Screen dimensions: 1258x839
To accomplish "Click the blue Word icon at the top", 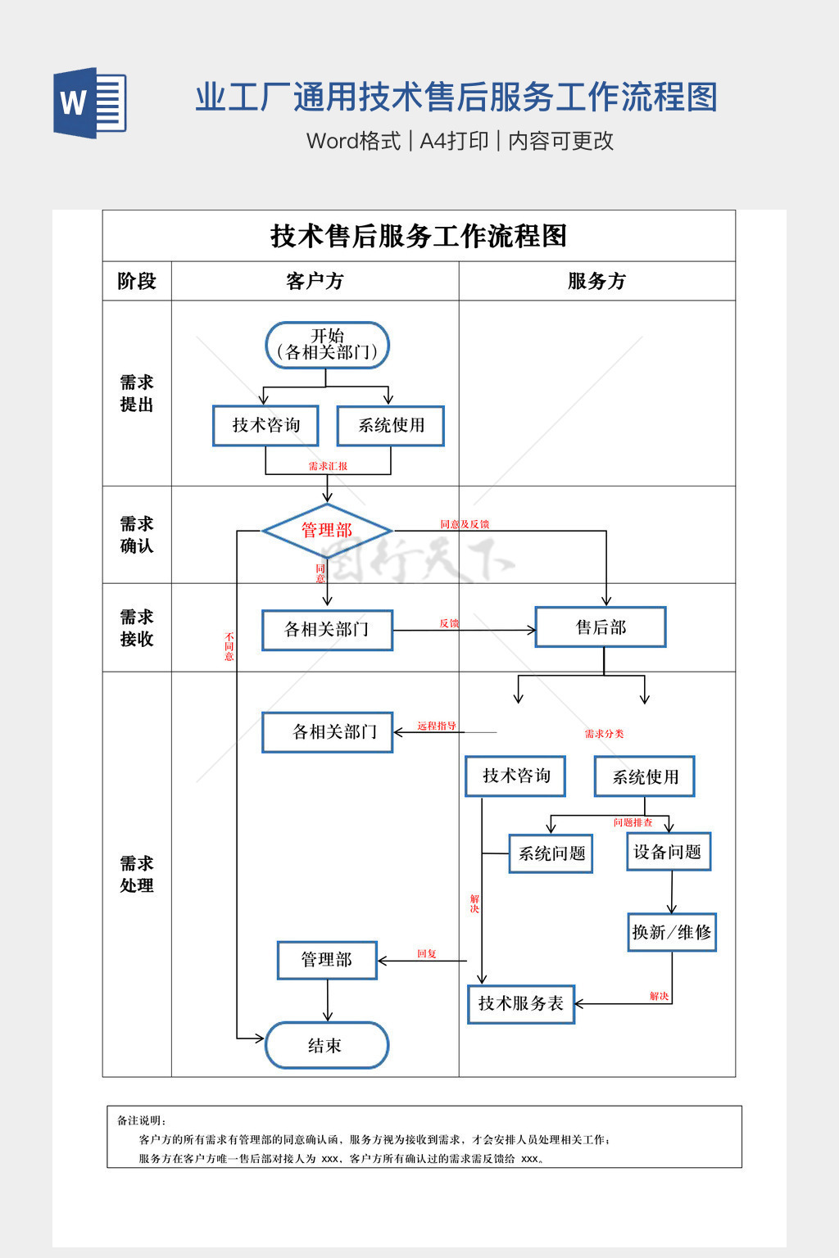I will pyautogui.click(x=90, y=102).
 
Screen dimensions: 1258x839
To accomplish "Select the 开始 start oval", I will pyautogui.click(x=327, y=345).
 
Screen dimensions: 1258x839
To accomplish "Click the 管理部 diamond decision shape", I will pyautogui.click(x=327, y=531).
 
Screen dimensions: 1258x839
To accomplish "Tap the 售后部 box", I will pyautogui.click(x=601, y=627).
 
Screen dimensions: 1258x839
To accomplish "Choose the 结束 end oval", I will pyautogui.click(x=327, y=1045).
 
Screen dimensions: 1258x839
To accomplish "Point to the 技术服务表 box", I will pyautogui.click(x=521, y=1004).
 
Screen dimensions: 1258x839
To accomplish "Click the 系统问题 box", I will pyautogui.click(x=551, y=853).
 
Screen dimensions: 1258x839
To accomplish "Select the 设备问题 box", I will pyautogui.click(x=669, y=852).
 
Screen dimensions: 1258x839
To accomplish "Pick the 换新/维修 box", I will pyautogui.click(x=672, y=932).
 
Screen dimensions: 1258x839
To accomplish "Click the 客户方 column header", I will pyautogui.click(x=315, y=281).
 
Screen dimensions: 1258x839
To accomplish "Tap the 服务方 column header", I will pyautogui.click(x=596, y=281).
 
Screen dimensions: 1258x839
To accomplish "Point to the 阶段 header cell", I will pyautogui.click(x=137, y=281).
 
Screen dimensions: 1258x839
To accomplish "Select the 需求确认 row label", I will pyautogui.click(x=137, y=535).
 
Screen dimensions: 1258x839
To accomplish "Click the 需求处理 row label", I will pyautogui.click(x=137, y=875).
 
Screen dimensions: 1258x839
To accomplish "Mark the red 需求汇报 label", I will pyautogui.click(x=328, y=466).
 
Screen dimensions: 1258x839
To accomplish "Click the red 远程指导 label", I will pyautogui.click(x=436, y=726).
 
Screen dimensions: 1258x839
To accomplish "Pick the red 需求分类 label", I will pyautogui.click(x=604, y=734).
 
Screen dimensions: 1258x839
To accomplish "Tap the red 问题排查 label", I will pyautogui.click(x=633, y=822).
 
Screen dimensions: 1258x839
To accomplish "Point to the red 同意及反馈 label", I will pyautogui.click(x=465, y=524).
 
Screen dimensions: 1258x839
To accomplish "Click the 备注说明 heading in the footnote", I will pyautogui.click(x=141, y=1120).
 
